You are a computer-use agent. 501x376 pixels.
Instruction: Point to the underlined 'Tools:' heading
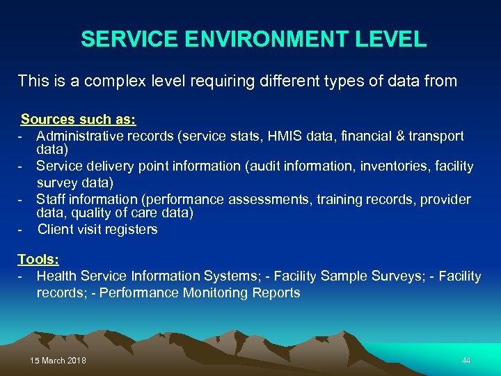point(38,259)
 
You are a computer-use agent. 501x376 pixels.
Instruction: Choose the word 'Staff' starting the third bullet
point(50,200)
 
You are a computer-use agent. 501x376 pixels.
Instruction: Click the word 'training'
point(337,200)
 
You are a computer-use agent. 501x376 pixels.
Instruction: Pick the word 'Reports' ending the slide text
point(277,292)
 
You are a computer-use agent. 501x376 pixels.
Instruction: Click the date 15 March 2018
point(58,361)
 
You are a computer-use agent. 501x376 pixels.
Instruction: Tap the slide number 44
point(466,361)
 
